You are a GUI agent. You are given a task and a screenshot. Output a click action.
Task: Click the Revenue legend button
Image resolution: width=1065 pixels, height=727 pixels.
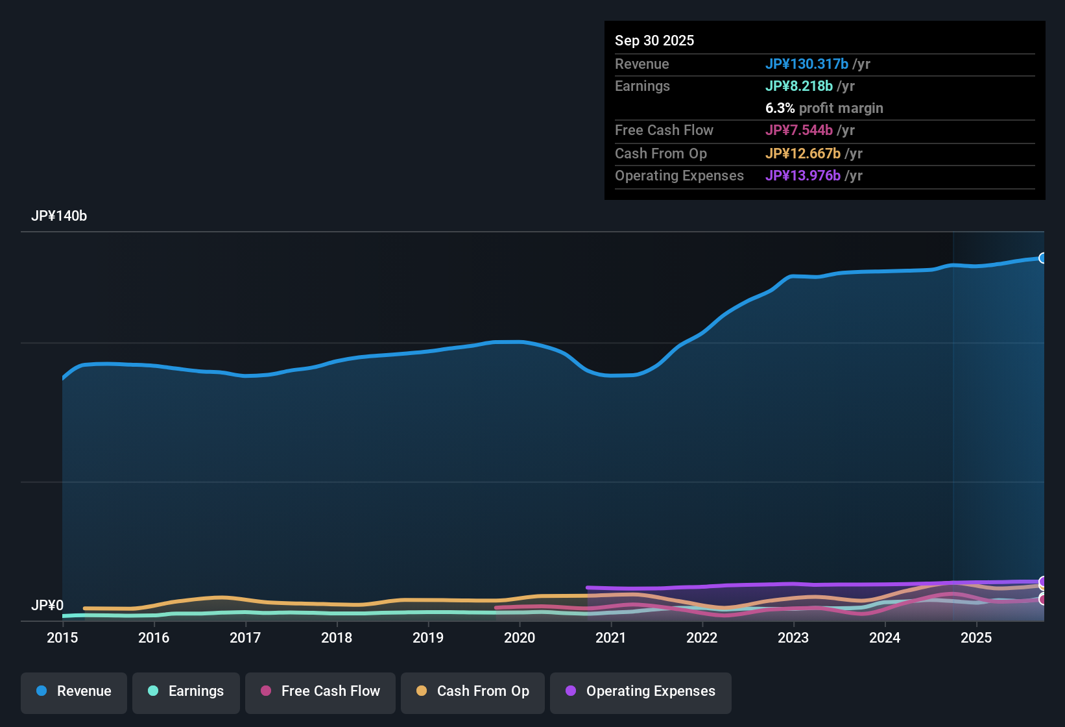coord(74,691)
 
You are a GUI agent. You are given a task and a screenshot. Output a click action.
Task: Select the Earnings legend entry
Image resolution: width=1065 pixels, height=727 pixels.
coord(186,691)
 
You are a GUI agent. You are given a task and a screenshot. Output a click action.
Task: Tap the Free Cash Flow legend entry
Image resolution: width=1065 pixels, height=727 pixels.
coord(320,691)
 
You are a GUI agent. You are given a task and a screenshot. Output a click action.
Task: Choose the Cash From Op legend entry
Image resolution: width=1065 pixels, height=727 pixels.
coord(473,691)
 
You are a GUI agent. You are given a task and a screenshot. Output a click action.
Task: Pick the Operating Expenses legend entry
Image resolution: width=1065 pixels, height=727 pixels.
coord(641,691)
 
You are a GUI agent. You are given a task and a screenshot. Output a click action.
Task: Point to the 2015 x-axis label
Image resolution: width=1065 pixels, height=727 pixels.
coord(62,638)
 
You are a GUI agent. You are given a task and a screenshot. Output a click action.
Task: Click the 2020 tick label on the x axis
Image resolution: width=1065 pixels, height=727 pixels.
coord(520,638)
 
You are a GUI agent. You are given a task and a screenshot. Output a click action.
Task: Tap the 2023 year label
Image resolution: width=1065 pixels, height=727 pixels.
coord(793,638)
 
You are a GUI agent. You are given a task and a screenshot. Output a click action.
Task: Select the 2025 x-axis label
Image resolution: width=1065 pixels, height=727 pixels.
coord(976,638)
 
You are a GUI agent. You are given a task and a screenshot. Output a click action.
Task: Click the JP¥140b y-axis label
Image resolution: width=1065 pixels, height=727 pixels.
coord(59,216)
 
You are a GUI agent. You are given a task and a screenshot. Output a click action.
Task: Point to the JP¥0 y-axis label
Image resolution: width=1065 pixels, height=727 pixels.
coord(47,606)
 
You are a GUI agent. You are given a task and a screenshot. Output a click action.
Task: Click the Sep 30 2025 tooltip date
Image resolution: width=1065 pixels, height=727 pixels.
coord(654,41)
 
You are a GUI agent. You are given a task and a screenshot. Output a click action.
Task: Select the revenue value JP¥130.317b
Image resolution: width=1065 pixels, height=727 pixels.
coord(806,64)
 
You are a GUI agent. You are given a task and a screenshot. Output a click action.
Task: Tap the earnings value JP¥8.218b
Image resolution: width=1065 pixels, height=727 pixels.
coord(798,86)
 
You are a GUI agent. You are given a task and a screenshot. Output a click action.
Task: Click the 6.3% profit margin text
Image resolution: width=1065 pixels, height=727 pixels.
coord(824,108)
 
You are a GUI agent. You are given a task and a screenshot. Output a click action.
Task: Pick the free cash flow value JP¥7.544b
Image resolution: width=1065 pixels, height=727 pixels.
coord(798,130)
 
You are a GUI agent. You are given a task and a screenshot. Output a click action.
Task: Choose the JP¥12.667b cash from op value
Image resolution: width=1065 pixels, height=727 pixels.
coord(802,154)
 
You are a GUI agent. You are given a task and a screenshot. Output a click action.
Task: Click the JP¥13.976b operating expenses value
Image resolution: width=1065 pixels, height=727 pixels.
coord(802,176)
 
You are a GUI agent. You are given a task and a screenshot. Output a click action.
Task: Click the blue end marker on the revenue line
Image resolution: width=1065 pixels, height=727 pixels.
coord(1042,258)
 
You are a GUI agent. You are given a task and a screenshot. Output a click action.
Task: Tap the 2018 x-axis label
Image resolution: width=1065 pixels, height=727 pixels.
coord(337,638)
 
